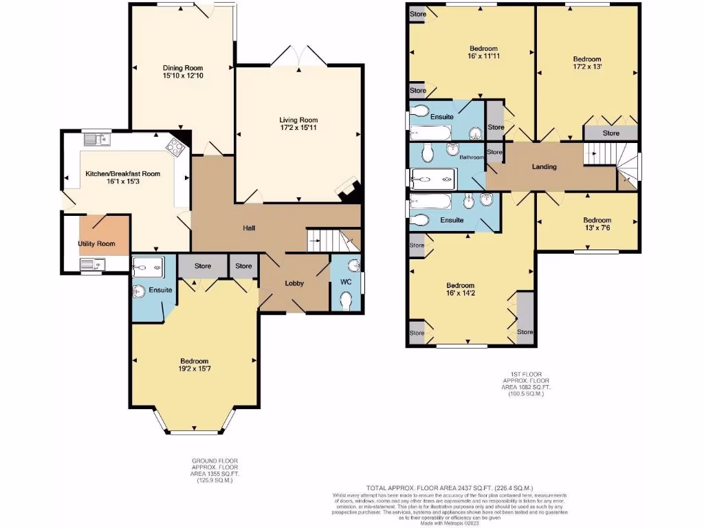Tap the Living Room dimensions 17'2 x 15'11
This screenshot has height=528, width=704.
point(298,128)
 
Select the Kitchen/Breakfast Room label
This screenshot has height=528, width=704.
point(122,174)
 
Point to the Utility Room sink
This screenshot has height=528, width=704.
point(91,264)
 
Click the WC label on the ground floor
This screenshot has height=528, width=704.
point(346,282)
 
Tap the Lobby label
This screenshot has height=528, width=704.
point(294,283)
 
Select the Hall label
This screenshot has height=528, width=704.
point(249,228)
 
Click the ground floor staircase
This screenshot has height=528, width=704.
point(333,240)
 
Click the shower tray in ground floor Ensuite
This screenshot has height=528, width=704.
point(147,265)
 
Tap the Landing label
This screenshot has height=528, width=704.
point(544,166)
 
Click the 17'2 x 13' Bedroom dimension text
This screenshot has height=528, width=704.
point(587,67)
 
